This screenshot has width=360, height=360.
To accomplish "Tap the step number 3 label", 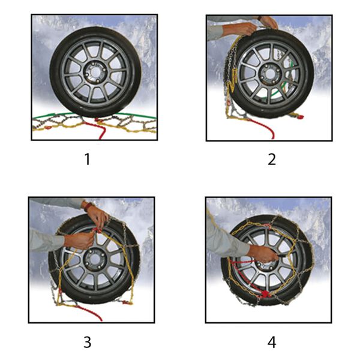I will pyautogui.click(x=88, y=343).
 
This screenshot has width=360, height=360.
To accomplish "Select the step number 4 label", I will pyautogui.click(x=272, y=343).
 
